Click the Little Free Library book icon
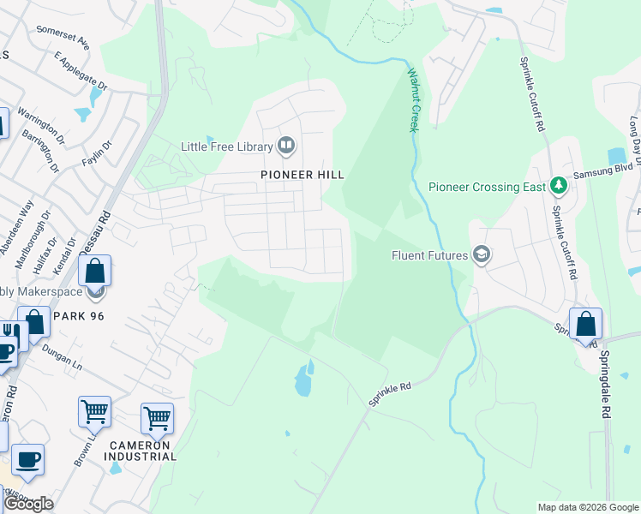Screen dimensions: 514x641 pyautogui.click(x=286, y=146)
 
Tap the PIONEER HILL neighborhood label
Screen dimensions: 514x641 pyautogui.click(x=303, y=175)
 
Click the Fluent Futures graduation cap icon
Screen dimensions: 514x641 pyautogui.click(x=482, y=254)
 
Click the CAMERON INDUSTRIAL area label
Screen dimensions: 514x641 pyautogui.click(x=142, y=451)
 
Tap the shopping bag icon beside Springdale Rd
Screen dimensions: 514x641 pyautogui.click(x=585, y=326)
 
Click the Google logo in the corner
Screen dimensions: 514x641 pyautogui.click(x=28, y=504)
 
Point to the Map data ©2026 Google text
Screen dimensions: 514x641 pyautogui.click(x=588, y=507)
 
